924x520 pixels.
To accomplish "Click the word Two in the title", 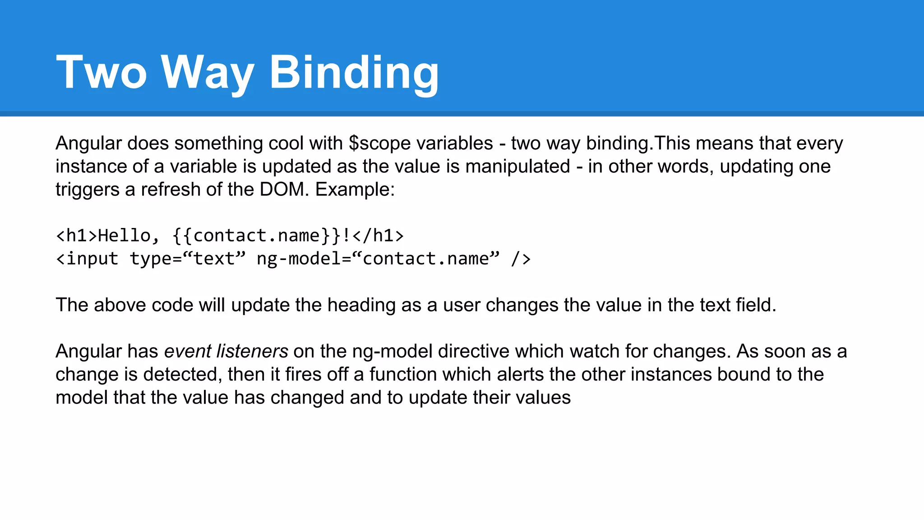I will click(x=102, y=72).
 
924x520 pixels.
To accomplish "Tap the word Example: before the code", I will click(x=355, y=190).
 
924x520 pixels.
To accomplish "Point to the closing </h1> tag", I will click(x=378, y=236).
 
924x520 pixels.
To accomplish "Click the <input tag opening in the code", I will click(x=87, y=259).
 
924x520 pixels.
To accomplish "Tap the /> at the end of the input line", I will click(x=521, y=259).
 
